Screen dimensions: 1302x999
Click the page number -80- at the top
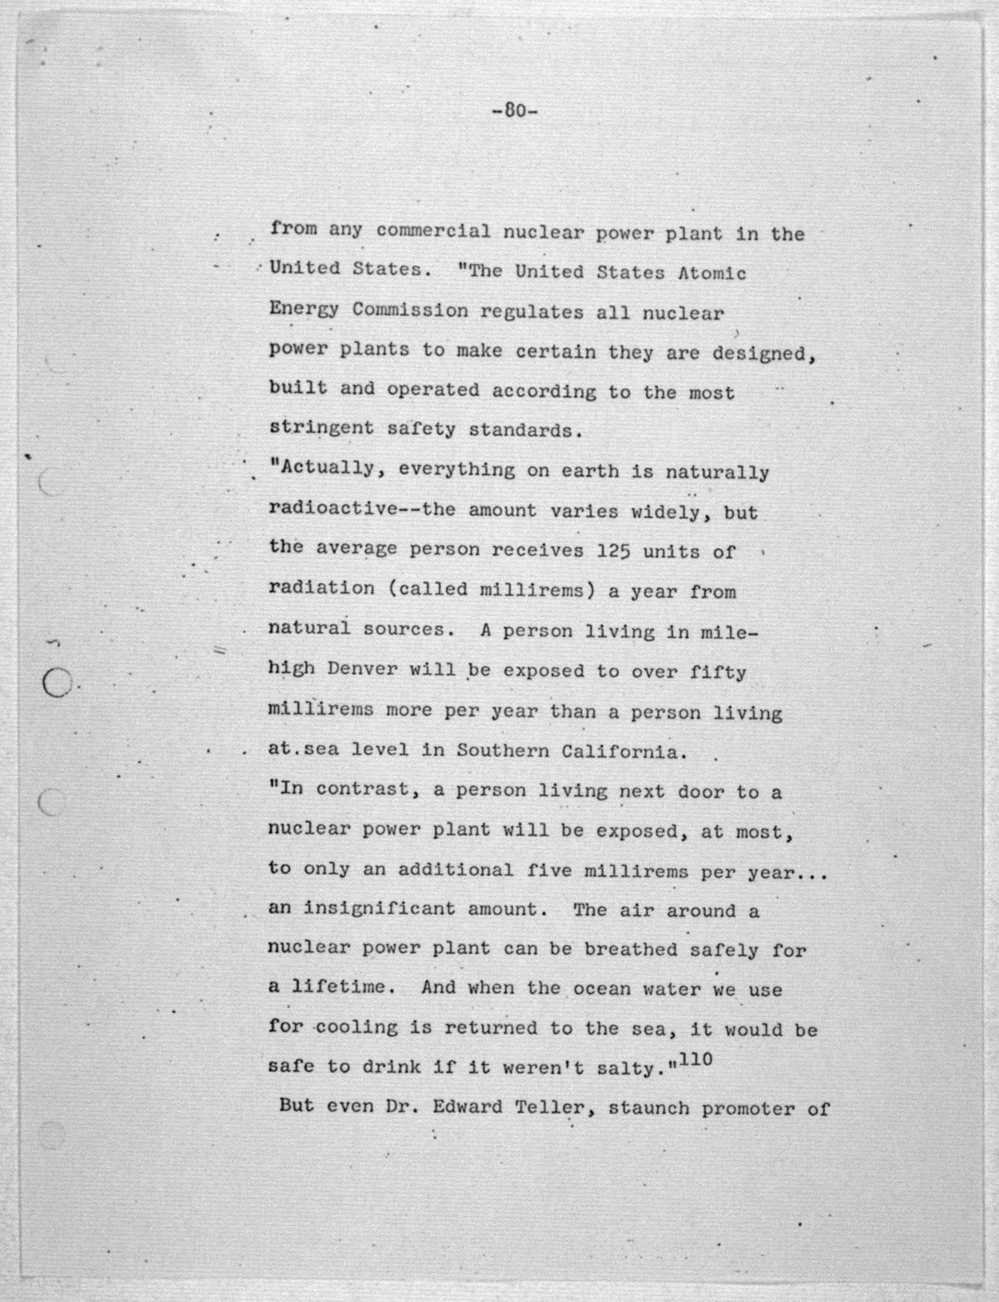tap(515, 111)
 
